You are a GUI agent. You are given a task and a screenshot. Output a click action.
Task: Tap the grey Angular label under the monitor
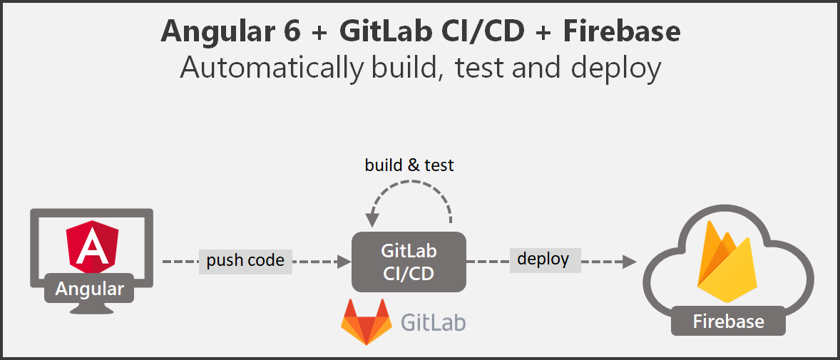pyautogui.click(x=89, y=289)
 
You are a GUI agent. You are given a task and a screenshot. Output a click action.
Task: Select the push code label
pyautogui.click(x=245, y=261)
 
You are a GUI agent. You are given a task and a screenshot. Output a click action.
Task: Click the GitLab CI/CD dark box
pyautogui.click(x=409, y=262)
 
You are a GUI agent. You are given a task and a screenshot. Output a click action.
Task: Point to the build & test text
pyautogui.click(x=409, y=165)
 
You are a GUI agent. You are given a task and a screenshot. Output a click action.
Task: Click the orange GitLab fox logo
pyautogui.click(x=367, y=322)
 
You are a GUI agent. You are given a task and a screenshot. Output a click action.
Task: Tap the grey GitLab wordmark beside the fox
pyautogui.click(x=434, y=322)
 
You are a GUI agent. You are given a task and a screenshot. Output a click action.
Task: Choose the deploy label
pyautogui.click(x=543, y=259)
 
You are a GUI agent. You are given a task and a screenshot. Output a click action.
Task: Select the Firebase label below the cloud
pyautogui.click(x=728, y=322)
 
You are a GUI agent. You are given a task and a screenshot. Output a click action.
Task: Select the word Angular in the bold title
pyautogui.click(x=215, y=31)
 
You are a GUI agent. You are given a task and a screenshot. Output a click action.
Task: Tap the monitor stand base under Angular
pyautogui.click(x=90, y=309)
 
